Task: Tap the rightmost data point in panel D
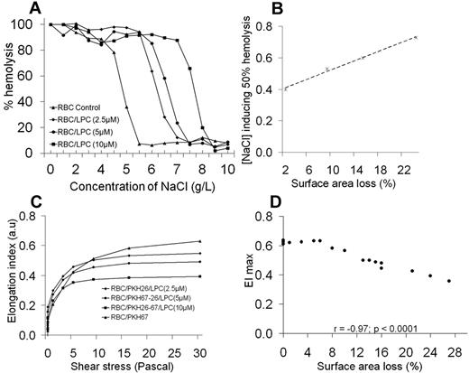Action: point(448,281)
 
